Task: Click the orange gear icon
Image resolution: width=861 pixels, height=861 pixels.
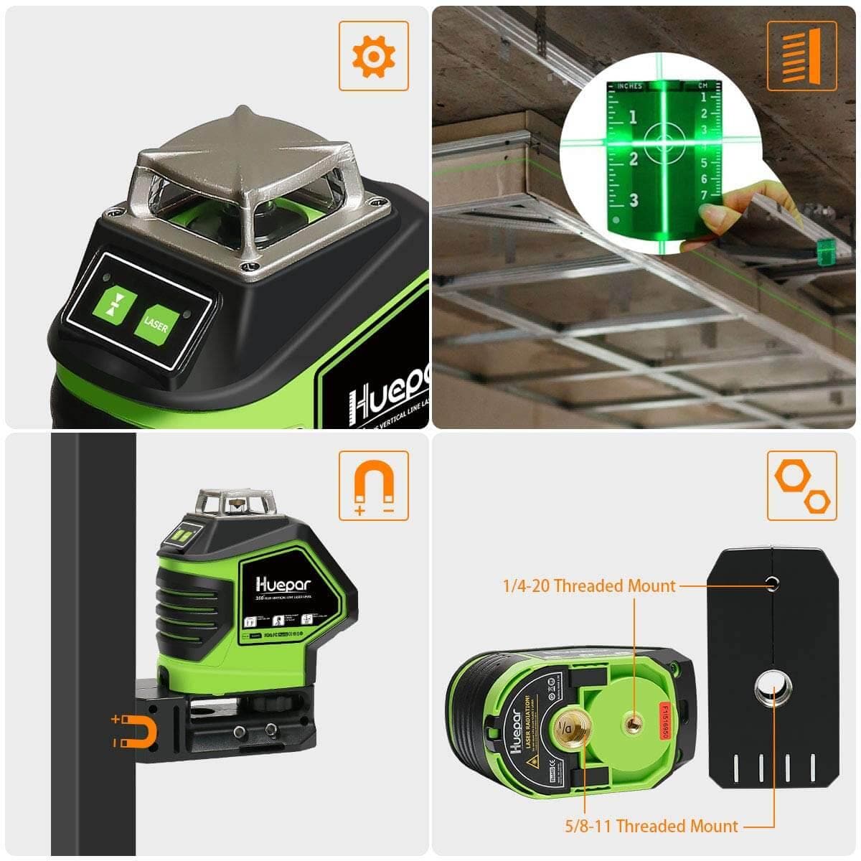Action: coord(373,55)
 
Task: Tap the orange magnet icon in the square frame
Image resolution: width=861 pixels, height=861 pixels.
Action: coord(373,486)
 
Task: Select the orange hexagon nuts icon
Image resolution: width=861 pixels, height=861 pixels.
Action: coord(801,486)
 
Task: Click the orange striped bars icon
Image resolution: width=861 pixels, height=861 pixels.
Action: coord(801,55)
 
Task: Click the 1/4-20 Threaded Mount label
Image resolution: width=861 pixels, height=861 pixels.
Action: coord(588,586)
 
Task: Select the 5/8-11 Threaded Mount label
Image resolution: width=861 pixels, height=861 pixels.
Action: coord(651,826)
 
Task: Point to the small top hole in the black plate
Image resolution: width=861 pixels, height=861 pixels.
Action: coord(773,583)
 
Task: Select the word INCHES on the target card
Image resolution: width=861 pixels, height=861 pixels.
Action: coord(629,87)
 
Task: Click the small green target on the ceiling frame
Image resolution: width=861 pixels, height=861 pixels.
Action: coord(824,251)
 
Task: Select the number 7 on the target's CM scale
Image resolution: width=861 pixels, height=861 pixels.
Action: coord(704,195)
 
